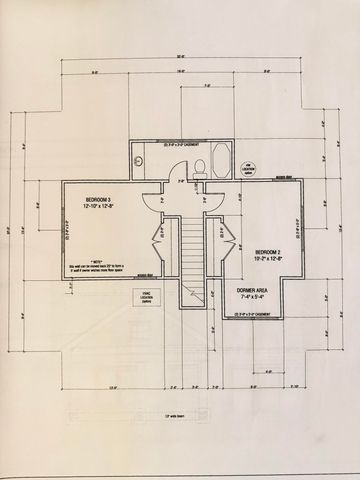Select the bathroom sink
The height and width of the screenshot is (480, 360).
point(140,160)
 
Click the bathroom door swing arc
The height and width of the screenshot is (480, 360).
point(150,196)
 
